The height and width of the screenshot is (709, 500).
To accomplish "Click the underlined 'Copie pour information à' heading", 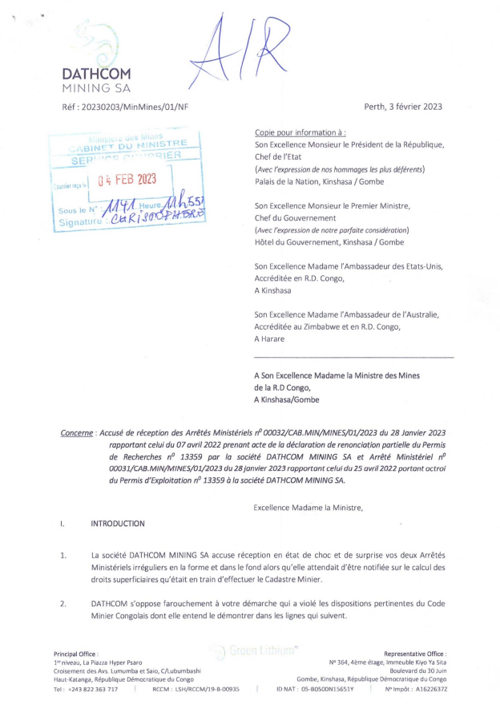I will [300, 132].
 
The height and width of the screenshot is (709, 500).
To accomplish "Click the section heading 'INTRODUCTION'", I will [118, 524].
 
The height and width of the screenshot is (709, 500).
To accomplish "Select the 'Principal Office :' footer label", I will [75, 654].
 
